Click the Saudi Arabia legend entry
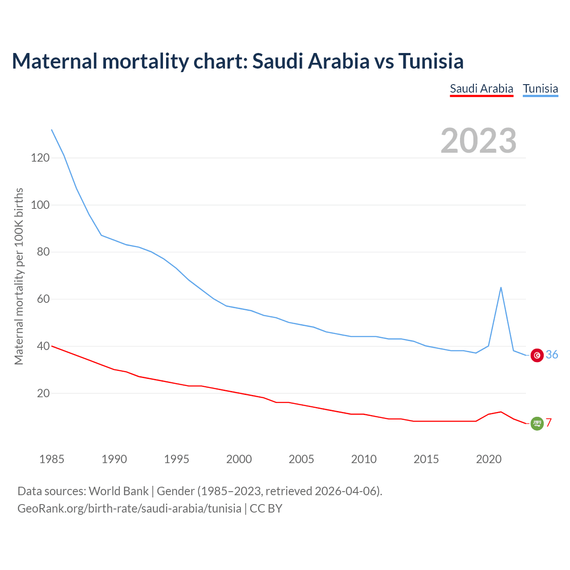click(x=481, y=89)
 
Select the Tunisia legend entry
click(x=540, y=89)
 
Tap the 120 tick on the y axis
click(x=40, y=158)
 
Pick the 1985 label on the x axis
click(x=52, y=459)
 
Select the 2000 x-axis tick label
click(x=239, y=459)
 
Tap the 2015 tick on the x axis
click(x=426, y=459)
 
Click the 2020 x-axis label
click(x=489, y=459)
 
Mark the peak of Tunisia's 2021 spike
click(x=501, y=288)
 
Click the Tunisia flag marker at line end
click(x=537, y=355)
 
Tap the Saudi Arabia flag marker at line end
click(x=537, y=423)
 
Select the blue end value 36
click(x=552, y=354)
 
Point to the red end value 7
click(x=549, y=423)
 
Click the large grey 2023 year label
click(x=478, y=141)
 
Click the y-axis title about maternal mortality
click(x=19, y=277)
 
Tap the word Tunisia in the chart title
click(x=431, y=61)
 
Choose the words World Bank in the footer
click(x=118, y=491)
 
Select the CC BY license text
click(x=266, y=509)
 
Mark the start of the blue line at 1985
click(x=52, y=130)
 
